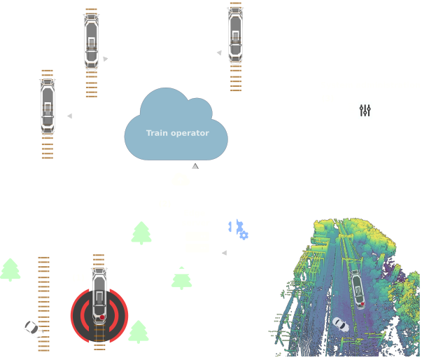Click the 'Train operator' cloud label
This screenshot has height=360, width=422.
tap(177, 133)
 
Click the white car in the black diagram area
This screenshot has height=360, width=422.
tap(31, 327)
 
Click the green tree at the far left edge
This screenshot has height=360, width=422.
tap(10, 270)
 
